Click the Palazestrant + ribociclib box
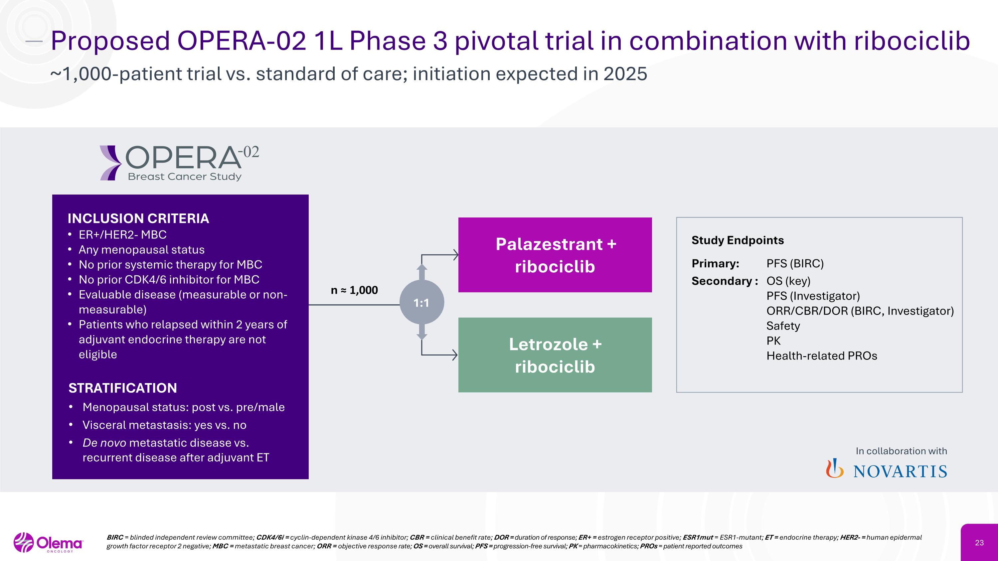point(555,255)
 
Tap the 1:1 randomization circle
point(421,302)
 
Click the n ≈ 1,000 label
point(354,290)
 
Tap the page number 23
point(979,543)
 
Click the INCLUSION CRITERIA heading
point(138,218)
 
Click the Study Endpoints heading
point(737,240)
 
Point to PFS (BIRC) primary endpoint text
point(795,264)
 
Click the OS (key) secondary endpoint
point(788,281)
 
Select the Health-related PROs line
point(821,356)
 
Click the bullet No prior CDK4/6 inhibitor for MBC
point(169,280)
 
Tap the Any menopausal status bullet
point(141,250)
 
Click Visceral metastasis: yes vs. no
point(164,425)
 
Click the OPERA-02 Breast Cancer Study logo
point(179,163)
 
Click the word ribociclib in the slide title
point(912,41)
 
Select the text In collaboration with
point(901,451)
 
